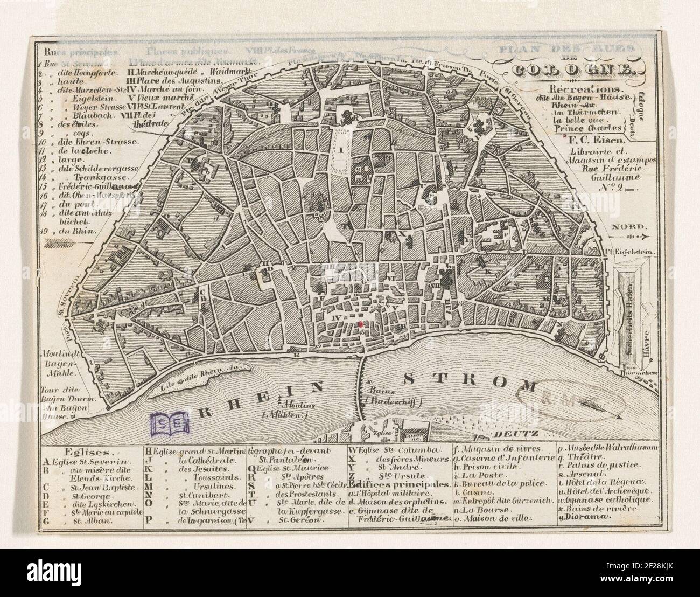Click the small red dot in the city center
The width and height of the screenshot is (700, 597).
pyautogui.click(x=359, y=324)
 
